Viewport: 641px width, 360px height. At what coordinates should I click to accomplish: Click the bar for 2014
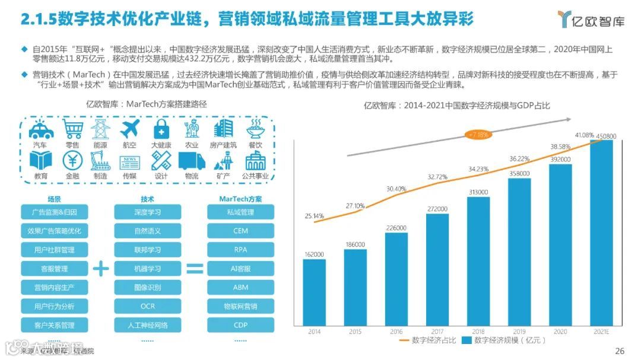pos(314,292)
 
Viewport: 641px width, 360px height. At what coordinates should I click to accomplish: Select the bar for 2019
pos(519,252)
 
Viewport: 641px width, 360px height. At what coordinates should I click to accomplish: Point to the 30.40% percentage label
pos(396,189)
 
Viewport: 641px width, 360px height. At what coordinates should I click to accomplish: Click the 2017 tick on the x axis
pos(437,332)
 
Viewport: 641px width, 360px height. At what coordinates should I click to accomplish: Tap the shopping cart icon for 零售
pos(72,128)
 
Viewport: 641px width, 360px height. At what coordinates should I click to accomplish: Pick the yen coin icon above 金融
pos(72,160)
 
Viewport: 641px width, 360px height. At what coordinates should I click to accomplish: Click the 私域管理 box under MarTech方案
pos(240,212)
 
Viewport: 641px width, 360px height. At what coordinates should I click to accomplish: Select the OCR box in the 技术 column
pos(147,306)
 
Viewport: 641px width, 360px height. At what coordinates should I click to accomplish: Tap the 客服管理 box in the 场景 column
pos(55,269)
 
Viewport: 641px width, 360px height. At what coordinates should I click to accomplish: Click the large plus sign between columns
pos(101,269)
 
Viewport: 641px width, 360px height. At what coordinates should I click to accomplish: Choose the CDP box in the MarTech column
pos(240,325)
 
